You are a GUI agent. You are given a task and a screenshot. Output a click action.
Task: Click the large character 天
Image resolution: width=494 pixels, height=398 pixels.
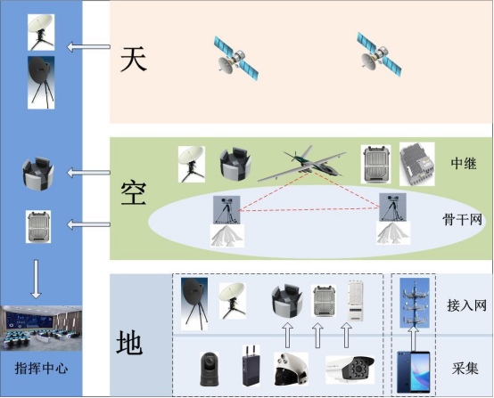134,59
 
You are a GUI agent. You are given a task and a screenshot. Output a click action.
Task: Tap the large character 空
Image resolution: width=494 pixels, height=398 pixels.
134,193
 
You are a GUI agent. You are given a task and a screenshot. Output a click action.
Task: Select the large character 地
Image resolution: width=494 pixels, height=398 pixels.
129,342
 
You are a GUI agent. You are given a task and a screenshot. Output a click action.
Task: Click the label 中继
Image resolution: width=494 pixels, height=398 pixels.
464,163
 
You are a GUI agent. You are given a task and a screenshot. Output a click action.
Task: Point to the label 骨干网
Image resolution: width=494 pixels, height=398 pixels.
462,219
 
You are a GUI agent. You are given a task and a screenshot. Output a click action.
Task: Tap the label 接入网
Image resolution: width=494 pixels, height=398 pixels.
466,305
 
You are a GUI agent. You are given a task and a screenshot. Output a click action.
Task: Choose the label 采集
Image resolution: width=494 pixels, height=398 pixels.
465,368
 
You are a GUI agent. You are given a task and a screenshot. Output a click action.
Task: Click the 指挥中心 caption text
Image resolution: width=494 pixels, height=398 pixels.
41,368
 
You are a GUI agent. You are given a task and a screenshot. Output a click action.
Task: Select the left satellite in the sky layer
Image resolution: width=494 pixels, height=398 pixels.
236,59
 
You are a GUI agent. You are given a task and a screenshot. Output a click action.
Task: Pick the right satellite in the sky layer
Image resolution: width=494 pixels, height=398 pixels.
379,55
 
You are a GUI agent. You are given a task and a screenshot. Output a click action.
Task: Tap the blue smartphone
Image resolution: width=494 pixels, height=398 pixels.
414,372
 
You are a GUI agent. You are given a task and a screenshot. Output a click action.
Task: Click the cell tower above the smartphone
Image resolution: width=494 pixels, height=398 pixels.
415,303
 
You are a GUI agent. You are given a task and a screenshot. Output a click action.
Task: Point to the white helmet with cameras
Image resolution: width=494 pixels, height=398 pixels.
291,369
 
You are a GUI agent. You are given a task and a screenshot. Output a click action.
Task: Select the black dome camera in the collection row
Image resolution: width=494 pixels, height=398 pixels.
210,369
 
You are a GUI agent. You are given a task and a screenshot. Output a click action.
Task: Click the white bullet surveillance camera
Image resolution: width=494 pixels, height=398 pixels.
350,370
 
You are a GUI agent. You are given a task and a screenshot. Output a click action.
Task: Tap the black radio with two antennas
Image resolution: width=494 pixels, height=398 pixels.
251,366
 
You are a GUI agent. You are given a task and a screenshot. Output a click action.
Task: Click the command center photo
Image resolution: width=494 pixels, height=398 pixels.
41,329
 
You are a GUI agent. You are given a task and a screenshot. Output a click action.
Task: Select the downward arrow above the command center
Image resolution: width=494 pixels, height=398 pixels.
36,280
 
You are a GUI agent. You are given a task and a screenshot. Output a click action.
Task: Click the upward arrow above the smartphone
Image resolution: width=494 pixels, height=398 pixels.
414,338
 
